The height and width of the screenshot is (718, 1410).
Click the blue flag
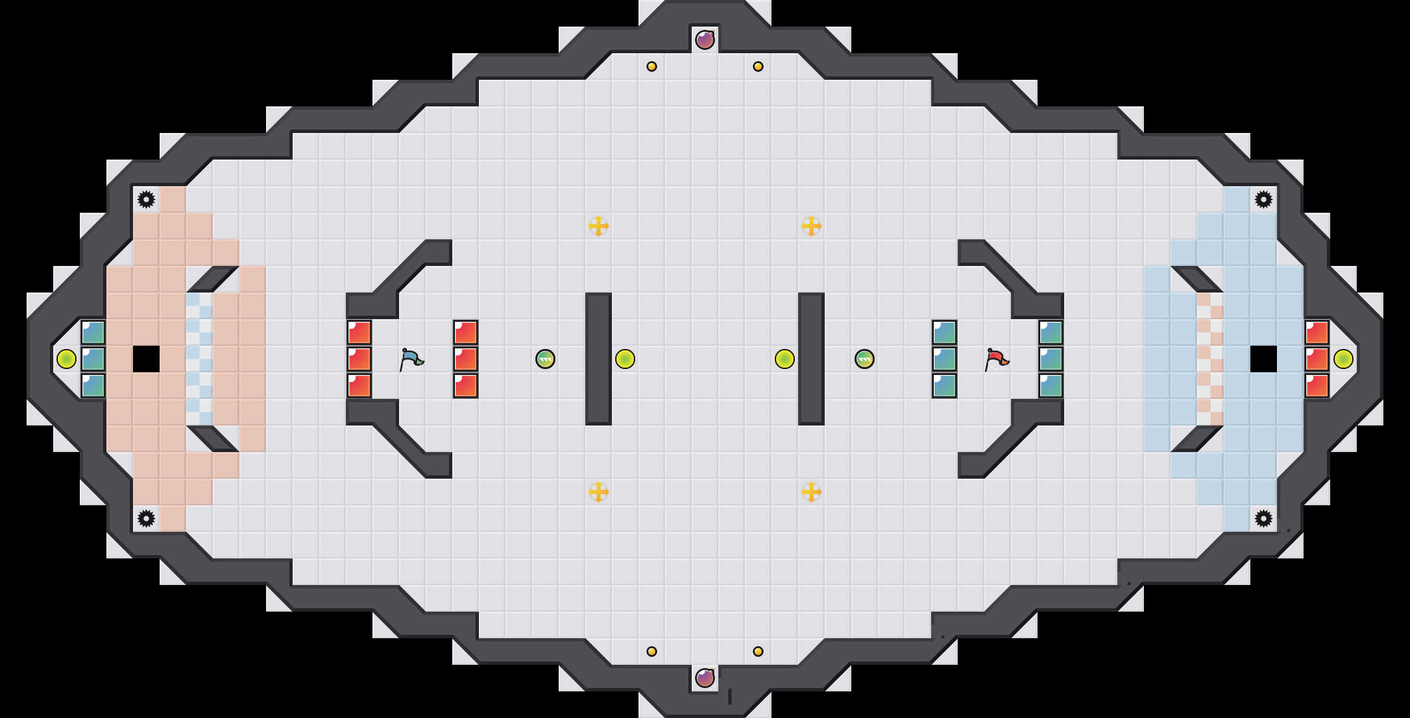(x=411, y=359)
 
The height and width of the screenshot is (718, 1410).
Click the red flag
(x=996, y=359)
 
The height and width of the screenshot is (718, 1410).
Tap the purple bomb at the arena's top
(x=705, y=40)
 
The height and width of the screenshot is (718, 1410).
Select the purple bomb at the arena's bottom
(x=705, y=678)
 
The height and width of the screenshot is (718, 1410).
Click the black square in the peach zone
(x=146, y=359)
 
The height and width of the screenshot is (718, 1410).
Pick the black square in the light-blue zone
(x=1264, y=359)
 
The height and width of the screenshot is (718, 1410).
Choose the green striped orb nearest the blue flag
(x=545, y=359)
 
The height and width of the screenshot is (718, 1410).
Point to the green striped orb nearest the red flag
(x=865, y=359)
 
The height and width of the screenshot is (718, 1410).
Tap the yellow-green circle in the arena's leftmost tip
(x=67, y=359)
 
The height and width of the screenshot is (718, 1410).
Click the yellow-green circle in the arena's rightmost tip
(x=1343, y=359)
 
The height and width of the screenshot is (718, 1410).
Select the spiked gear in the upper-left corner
(x=146, y=199)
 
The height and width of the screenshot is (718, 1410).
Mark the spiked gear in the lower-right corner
(x=1264, y=519)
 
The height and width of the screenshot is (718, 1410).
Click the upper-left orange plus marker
(x=599, y=226)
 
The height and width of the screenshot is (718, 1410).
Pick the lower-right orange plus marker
(x=811, y=492)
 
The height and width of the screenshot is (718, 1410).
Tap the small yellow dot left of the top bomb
(x=652, y=66)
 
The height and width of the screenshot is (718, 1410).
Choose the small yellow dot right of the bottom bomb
(x=758, y=652)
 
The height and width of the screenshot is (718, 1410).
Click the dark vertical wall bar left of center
(x=599, y=359)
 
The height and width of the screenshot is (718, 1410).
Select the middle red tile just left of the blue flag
(x=359, y=359)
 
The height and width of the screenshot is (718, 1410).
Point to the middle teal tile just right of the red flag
(x=1051, y=359)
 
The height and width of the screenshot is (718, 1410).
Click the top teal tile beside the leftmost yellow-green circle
(x=93, y=332)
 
